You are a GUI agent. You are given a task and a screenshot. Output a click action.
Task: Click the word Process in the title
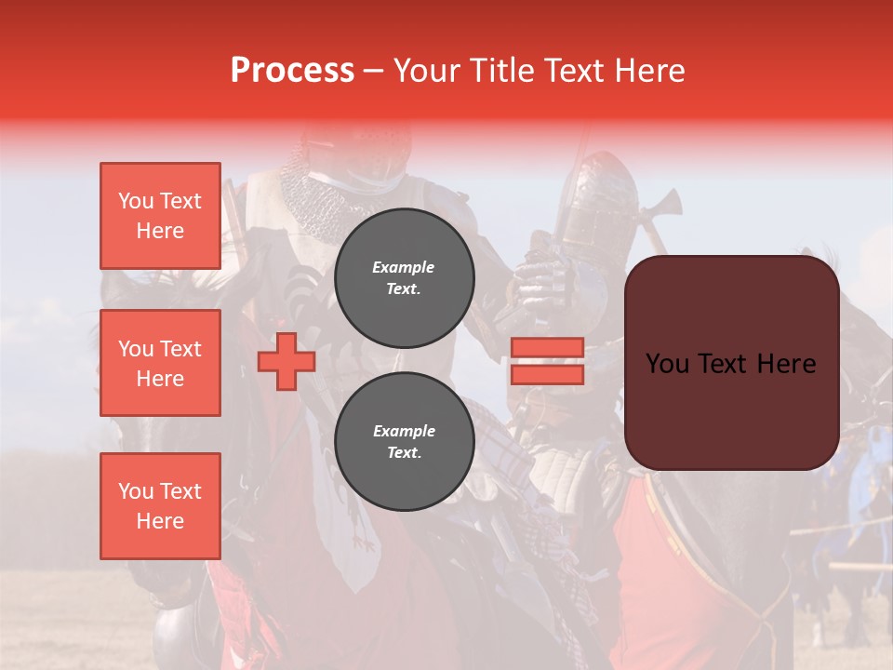[x=292, y=71]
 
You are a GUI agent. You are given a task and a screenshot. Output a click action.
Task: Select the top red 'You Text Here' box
[x=160, y=216]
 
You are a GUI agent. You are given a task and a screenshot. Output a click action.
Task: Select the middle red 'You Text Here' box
[x=160, y=363]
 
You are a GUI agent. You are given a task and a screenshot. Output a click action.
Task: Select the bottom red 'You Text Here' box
[x=160, y=506]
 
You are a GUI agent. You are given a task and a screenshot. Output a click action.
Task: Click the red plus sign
[x=286, y=362]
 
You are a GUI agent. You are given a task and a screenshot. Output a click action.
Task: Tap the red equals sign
[x=547, y=361]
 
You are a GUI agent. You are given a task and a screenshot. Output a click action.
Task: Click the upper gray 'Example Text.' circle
[x=404, y=277]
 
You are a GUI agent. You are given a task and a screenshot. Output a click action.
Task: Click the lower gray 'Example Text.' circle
[x=404, y=441]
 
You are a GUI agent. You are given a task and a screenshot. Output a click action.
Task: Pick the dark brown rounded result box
[x=731, y=363]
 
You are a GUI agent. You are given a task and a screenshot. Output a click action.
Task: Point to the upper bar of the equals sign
[x=547, y=347]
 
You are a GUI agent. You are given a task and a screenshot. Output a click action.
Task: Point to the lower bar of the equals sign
[x=547, y=375]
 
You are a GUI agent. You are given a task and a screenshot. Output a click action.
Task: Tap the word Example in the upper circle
[x=403, y=267]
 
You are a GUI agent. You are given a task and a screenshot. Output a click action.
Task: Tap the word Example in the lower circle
[x=404, y=431]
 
